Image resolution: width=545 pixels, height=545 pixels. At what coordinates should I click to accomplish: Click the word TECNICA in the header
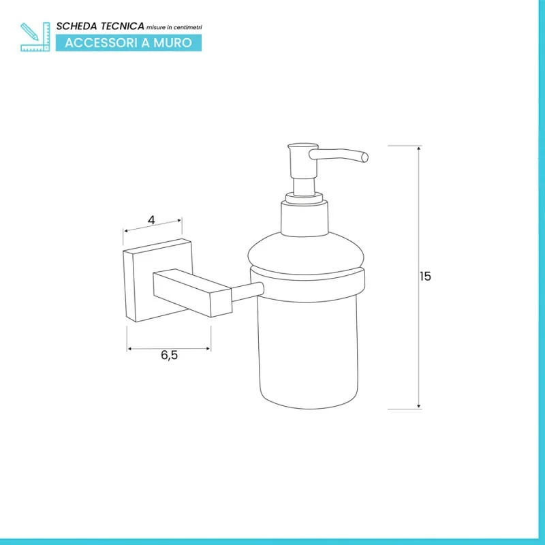[x=123, y=26]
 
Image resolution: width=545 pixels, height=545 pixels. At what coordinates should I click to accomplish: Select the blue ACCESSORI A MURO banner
[x=129, y=43]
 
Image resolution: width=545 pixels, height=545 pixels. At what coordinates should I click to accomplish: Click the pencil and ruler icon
[x=35, y=37]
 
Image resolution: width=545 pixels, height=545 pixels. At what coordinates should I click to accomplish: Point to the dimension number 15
[x=425, y=277]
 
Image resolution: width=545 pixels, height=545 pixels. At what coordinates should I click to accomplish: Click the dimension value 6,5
[x=169, y=355]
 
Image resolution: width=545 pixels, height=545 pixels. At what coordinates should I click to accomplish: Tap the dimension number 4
[x=151, y=220]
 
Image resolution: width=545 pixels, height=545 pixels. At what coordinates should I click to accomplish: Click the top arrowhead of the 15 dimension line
[x=419, y=148]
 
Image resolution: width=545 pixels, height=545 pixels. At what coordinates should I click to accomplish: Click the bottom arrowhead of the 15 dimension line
[x=419, y=406]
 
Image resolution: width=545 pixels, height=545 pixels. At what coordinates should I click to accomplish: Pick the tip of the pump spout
[x=365, y=157]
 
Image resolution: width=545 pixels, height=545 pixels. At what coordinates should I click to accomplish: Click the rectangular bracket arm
[x=192, y=293]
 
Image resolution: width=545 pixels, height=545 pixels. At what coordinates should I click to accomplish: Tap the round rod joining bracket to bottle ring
[x=247, y=292]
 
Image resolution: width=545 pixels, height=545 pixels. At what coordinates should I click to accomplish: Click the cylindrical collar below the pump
[x=305, y=218]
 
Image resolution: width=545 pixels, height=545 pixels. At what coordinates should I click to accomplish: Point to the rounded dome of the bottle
[x=306, y=253]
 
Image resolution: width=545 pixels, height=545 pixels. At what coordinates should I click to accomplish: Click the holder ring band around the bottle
[x=308, y=284]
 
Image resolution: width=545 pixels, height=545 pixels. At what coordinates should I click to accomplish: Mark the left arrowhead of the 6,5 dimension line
[x=129, y=349]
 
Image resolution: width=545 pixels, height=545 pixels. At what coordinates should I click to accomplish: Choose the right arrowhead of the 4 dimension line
[x=179, y=220]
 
